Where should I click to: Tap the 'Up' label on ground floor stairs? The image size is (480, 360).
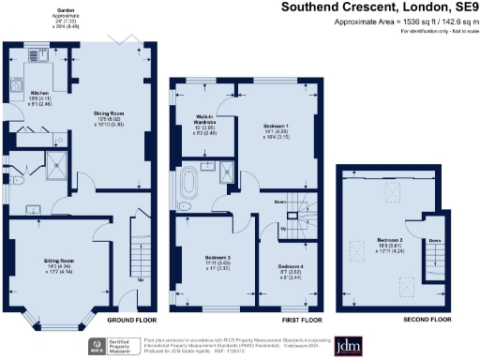(x=142, y=279)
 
